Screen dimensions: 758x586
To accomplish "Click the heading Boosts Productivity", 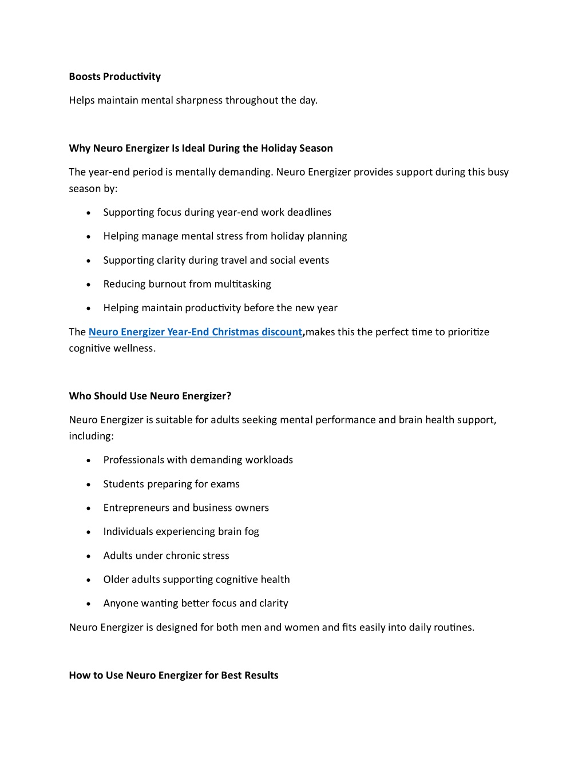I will click(x=114, y=77).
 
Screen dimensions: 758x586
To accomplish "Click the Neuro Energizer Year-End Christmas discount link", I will click(x=195, y=332).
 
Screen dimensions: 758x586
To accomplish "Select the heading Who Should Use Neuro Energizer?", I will click(x=150, y=396).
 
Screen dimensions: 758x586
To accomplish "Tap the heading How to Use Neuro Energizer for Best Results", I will click(x=173, y=675).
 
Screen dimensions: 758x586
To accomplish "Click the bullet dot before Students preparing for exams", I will click(x=89, y=485).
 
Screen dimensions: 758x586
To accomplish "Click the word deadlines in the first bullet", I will click(x=309, y=212).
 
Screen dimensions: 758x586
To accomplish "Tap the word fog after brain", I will click(x=252, y=532).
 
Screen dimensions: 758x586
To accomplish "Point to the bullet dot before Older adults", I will click(x=89, y=580).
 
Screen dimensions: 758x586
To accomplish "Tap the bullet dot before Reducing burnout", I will click(x=89, y=285).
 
